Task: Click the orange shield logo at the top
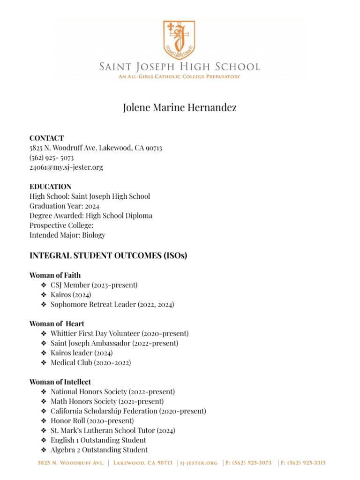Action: pyautogui.click(x=180, y=39)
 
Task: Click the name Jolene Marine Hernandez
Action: pyautogui.click(x=180, y=108)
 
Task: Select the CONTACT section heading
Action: pyautogui.click(x=46, y=138)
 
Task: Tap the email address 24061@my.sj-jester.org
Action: pyautogui.click(x=66, y=167)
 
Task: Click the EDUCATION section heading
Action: pyautogui.click(x=50, y=187)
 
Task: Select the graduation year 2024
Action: pyautogui.click(x=92, y=206)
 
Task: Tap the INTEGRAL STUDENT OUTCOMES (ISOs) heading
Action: pyautogui.click(x=108, y=256)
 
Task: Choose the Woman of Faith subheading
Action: pyautogui.click(x=55, y=275)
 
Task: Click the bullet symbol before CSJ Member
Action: pyautogui.click(x=44, y=285)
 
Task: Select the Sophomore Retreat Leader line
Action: pyautogui.click(x=112, y=305)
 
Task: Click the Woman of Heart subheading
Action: pyautogui.click(x=57, y=324)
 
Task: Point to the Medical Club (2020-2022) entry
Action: pyautogui.click(x=90, y=362)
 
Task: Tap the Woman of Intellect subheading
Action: pyautogui.click(x=60, y=382)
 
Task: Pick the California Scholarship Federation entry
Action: pyautogui.click(x=128, y=411)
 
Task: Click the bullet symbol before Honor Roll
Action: pyautogui.click(x=44, y=421)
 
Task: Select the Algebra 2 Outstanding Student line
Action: pyautogui.click(x=99, y=450)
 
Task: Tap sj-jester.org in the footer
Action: pyautogui.click(x=200, y=463)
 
